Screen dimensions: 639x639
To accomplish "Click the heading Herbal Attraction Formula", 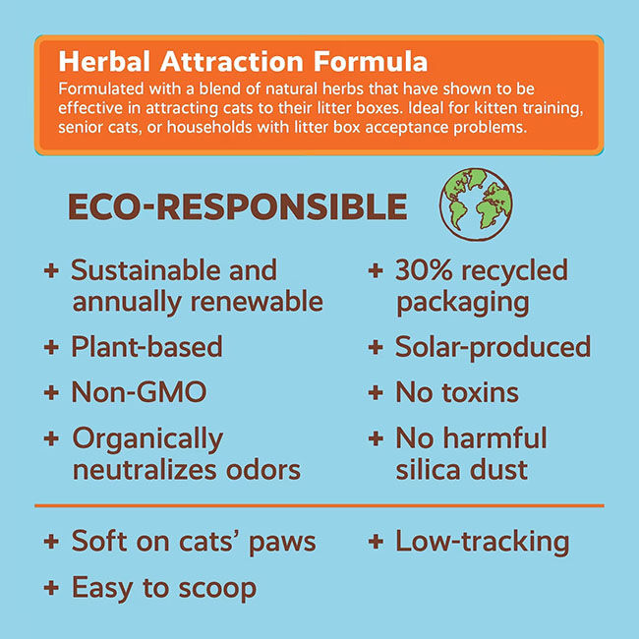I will point(243,61).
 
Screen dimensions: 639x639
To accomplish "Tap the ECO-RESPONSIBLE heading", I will point(236,206).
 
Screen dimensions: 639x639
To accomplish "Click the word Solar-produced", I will point(493,347).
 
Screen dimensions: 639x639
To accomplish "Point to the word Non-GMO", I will point(139,392).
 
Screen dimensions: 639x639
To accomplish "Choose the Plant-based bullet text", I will point(146,347).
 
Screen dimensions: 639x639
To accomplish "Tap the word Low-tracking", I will point(482,541).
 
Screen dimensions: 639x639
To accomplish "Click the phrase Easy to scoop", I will point(163,588).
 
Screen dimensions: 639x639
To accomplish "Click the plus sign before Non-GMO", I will point(51,393).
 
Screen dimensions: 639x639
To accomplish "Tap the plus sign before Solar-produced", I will point(375,348).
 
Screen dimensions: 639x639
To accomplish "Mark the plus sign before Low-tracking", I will point(375,542).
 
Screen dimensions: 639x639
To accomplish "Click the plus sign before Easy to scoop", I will point(51,589).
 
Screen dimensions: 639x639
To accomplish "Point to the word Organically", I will point(147,438).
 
